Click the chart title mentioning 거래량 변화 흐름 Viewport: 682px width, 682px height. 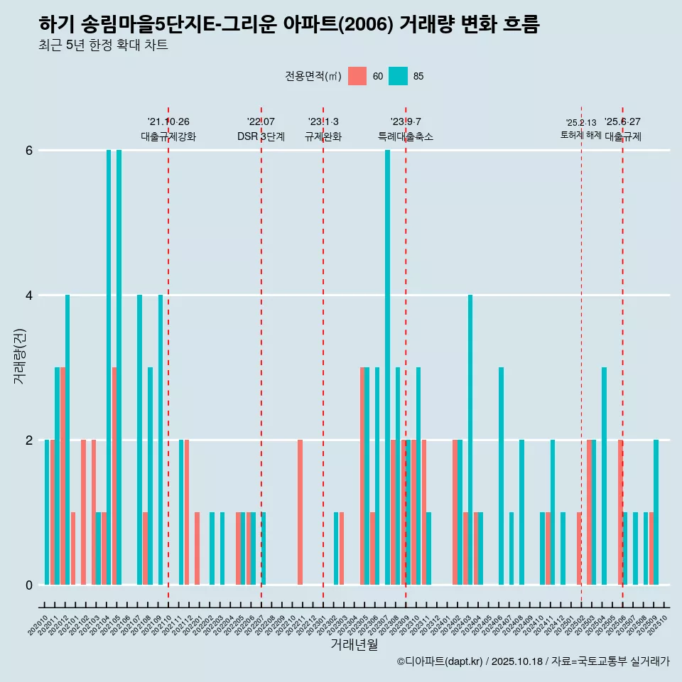coord(289,25)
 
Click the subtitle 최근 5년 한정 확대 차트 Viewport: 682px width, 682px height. coord(103,45)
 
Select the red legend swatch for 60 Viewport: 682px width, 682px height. coord(357,76)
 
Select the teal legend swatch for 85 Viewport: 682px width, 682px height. coord(398,76)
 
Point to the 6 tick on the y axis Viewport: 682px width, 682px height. coord(29,151)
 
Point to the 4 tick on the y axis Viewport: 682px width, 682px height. coord(29,296)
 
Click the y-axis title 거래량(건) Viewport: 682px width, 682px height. coord(19,356)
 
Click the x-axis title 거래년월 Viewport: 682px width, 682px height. coord(354,644)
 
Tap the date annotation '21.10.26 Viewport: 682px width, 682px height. coord(168,122)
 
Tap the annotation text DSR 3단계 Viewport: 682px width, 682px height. coord(261,136)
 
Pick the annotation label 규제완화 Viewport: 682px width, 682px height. coord(323,136)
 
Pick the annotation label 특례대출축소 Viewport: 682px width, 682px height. coord(406,136)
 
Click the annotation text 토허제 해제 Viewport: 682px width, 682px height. coord(581,135)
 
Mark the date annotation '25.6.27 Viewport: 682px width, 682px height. coord(622,122)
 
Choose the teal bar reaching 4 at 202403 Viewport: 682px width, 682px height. coord(470,440)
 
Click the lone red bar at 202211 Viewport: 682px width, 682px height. coord(300,512)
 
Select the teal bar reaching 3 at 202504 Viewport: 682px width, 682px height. coord(604,476)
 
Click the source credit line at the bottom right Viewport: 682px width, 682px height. coord(533,661)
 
